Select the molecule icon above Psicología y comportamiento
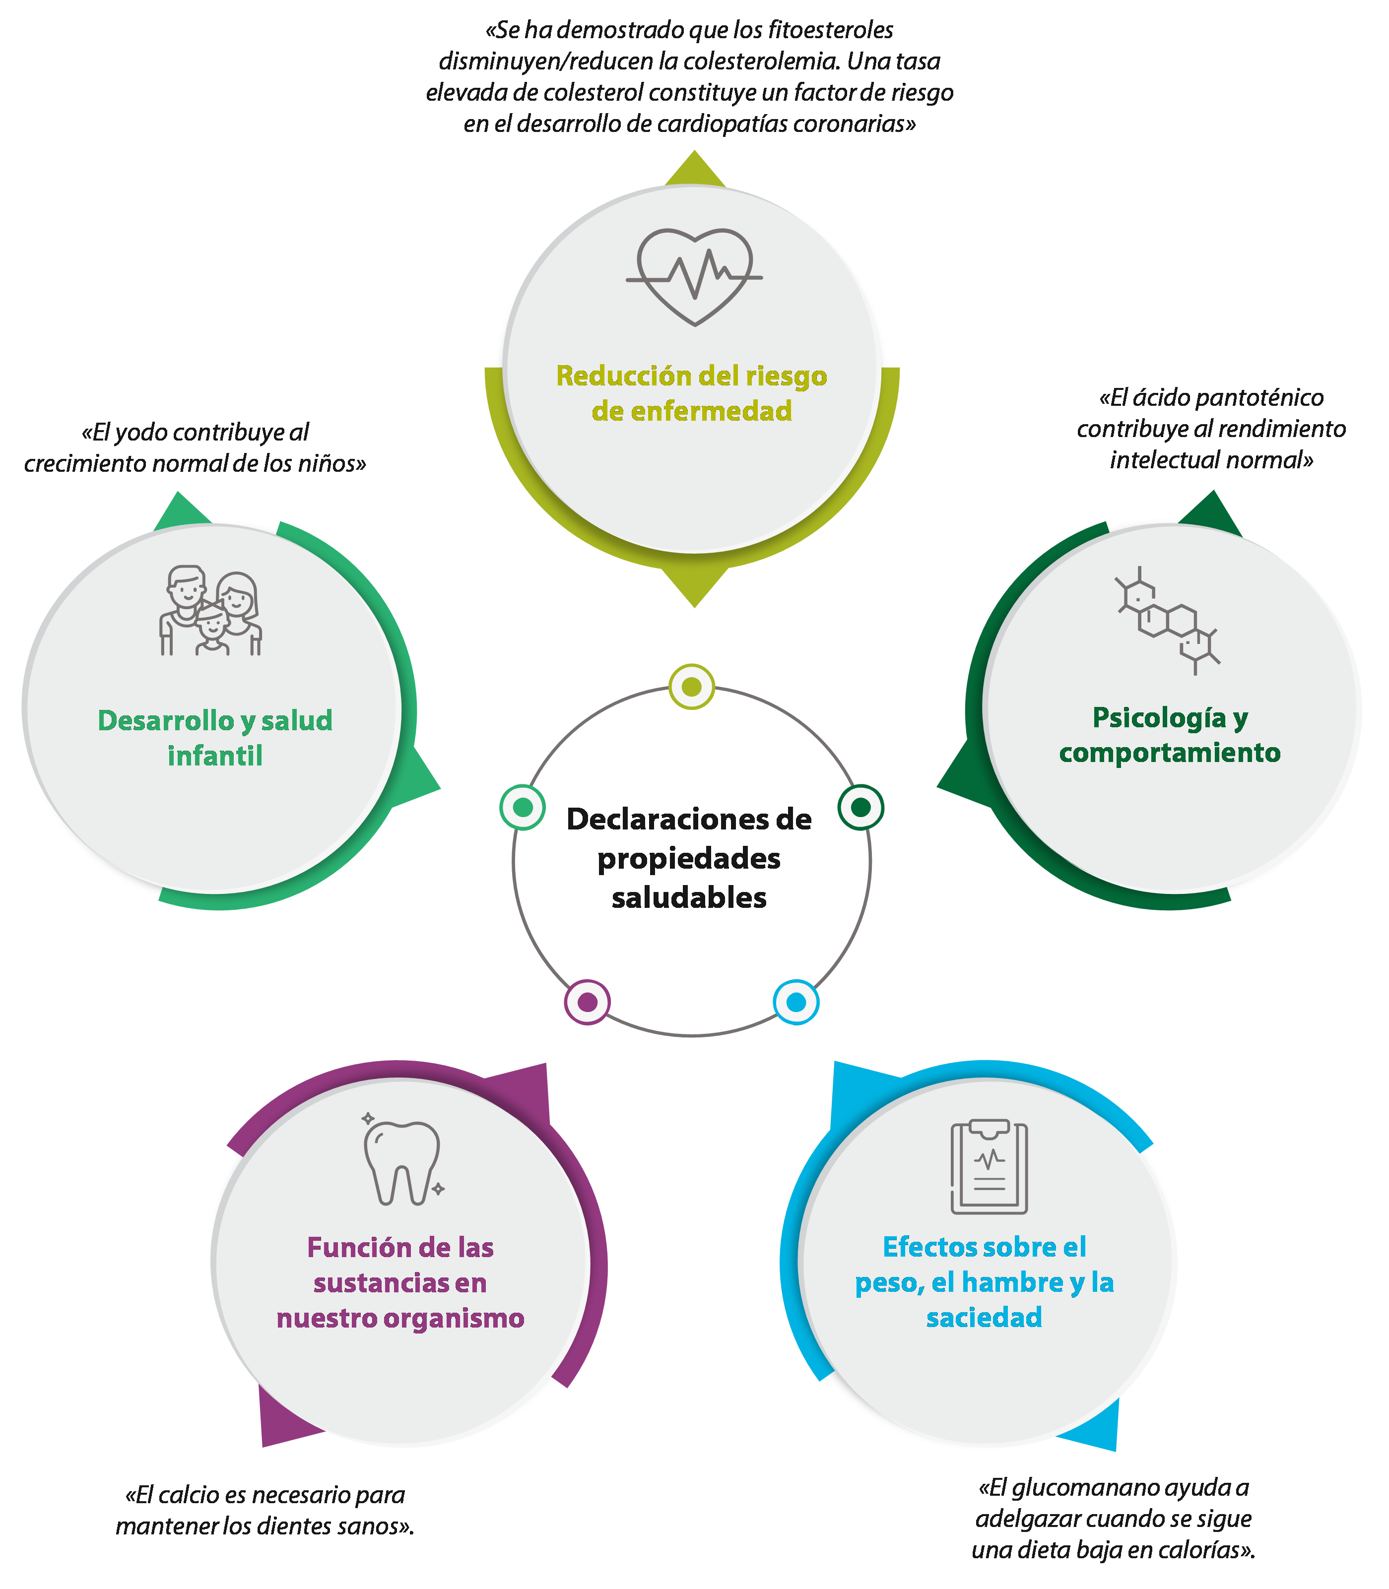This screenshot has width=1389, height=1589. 1167,620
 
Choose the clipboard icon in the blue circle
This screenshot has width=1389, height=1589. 989,1167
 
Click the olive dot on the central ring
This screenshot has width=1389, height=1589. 691,687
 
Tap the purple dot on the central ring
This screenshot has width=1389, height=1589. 588,1002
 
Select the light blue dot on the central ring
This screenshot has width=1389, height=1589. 796,1002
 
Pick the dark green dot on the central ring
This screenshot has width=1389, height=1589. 860,807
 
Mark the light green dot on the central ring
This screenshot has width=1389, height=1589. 523,807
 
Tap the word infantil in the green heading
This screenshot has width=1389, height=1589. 215,756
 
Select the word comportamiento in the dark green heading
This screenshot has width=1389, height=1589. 1170,752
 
